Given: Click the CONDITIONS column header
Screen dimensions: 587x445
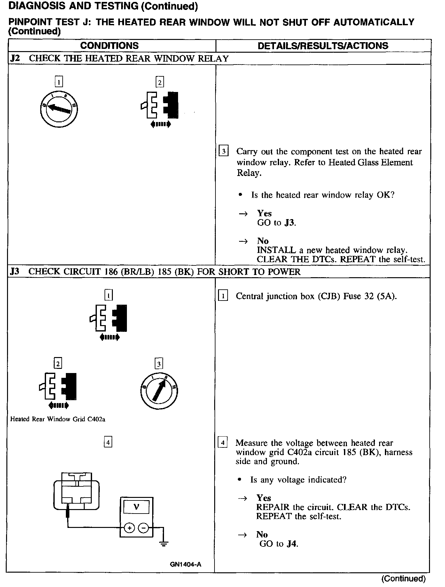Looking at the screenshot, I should tap(109, 46).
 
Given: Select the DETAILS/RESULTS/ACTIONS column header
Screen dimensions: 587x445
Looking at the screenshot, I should tap(323, 46).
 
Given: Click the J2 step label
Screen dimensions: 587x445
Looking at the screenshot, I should tap(15, 59).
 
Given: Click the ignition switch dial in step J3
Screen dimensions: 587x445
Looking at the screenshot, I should tap(159, 391).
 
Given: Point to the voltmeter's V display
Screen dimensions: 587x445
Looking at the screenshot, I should tap(136, 507).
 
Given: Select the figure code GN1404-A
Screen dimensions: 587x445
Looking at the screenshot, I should tap(185, 564).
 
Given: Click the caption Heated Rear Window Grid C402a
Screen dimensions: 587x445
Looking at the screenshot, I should tap(58, 419).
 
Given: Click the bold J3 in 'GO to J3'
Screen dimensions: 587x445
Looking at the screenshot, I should tap(290, 223).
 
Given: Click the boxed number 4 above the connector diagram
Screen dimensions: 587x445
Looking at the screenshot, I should tap(108, 442).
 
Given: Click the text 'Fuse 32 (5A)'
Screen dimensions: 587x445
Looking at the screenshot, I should tap(370, 296).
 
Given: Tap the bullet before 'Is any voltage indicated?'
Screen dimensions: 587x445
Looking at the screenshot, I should tap(240, 480).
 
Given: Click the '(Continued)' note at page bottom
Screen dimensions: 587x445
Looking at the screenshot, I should tap(403, 579).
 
